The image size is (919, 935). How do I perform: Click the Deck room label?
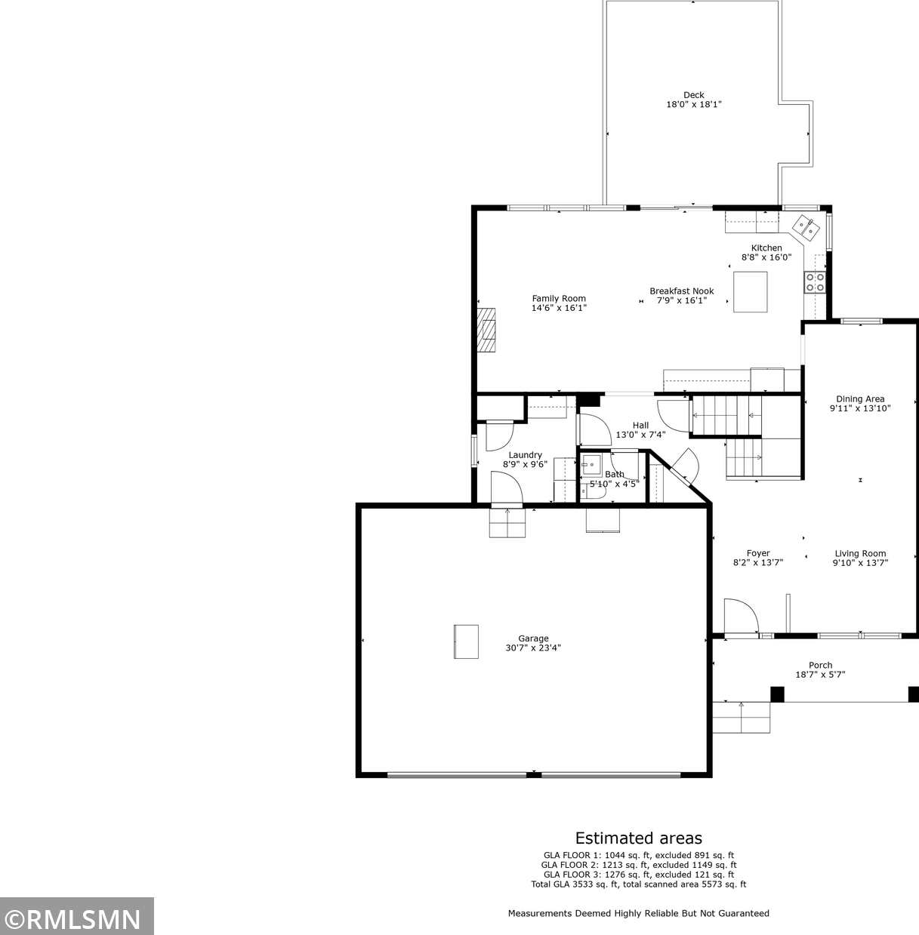coord(694,95)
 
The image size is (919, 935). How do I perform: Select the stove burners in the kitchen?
coord(815,282)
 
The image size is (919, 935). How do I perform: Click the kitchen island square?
coord(751,291)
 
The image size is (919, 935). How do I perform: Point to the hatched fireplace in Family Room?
coord(486,330)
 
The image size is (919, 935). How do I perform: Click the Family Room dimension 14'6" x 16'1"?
coord(559,308)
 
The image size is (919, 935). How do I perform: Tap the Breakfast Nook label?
coord(681,291)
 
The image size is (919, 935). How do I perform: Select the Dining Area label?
coord(860,399)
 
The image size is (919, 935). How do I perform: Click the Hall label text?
coord(640,425)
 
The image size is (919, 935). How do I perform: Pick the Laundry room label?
coord(525,455)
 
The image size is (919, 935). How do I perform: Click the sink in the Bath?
coord(591,464)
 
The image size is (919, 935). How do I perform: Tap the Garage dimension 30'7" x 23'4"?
coord(533,647)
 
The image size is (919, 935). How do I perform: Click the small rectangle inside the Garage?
coord(467,641)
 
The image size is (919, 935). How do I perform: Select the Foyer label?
coord(758,553)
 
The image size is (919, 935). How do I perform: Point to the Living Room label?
coord(860,554)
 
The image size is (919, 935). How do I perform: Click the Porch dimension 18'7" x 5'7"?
coord(820,675)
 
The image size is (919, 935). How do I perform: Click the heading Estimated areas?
coord(639,838)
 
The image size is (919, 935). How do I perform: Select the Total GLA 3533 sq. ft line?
coord(639,884)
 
